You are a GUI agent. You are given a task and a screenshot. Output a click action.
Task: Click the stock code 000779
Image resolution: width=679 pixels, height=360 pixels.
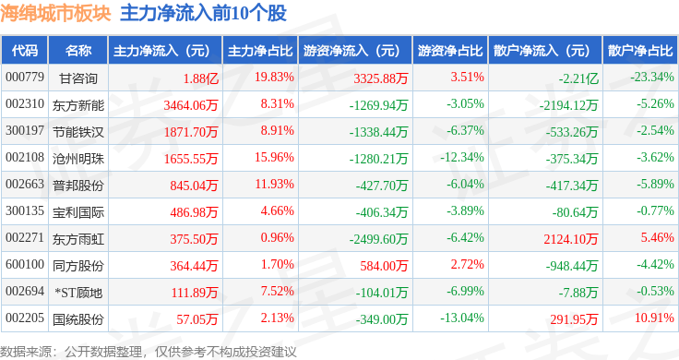click(x=25, y=78)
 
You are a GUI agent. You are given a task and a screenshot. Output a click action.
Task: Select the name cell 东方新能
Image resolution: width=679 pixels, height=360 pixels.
click(x=78, y=105)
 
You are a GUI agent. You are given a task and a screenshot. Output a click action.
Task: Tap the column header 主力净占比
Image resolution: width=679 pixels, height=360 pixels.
click(x=260, y=51)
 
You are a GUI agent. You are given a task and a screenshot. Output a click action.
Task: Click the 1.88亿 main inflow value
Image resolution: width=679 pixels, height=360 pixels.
click(x=201, y=78)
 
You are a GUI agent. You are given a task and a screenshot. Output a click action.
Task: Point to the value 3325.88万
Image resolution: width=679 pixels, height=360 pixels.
click(x=381, y=78)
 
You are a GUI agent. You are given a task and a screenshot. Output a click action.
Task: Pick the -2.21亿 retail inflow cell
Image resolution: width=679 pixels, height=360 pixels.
click(x=578, y=78)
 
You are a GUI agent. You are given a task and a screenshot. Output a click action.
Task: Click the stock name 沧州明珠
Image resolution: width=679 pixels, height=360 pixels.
click(x=78, y=159)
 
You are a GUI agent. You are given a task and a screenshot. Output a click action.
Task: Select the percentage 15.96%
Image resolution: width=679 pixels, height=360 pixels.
click(x=274, y=157)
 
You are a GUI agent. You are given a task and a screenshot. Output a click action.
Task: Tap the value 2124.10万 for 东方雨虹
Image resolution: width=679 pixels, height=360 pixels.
click(x=571, y=239)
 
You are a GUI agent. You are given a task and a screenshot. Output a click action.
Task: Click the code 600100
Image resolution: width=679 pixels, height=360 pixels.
click(x=25, y=264)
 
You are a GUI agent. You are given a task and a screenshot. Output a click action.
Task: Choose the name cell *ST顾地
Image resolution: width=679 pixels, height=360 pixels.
click(x=78, y=293)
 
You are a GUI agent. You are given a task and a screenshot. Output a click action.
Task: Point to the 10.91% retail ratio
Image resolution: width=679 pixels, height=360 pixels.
click(x=654, y=318)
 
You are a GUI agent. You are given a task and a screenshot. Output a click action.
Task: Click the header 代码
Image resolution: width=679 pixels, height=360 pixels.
click(x=25, y=51)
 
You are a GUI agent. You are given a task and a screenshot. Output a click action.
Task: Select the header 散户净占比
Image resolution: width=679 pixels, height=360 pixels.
click(x=640, y=51)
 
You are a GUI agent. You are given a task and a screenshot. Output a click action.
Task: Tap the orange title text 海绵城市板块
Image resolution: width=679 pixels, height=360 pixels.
click(x=56, y=14)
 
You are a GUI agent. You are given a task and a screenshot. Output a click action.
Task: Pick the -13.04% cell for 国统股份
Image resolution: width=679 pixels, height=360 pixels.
click(x=462, y=318)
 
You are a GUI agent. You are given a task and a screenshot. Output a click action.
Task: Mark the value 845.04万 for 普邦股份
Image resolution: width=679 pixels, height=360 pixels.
click(x=194, y=186)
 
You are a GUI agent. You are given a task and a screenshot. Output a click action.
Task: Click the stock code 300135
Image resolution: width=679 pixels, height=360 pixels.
click(x=25, y=211)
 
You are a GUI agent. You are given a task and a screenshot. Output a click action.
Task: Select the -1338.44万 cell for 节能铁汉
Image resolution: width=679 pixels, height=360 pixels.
click(x=378, y=132)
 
